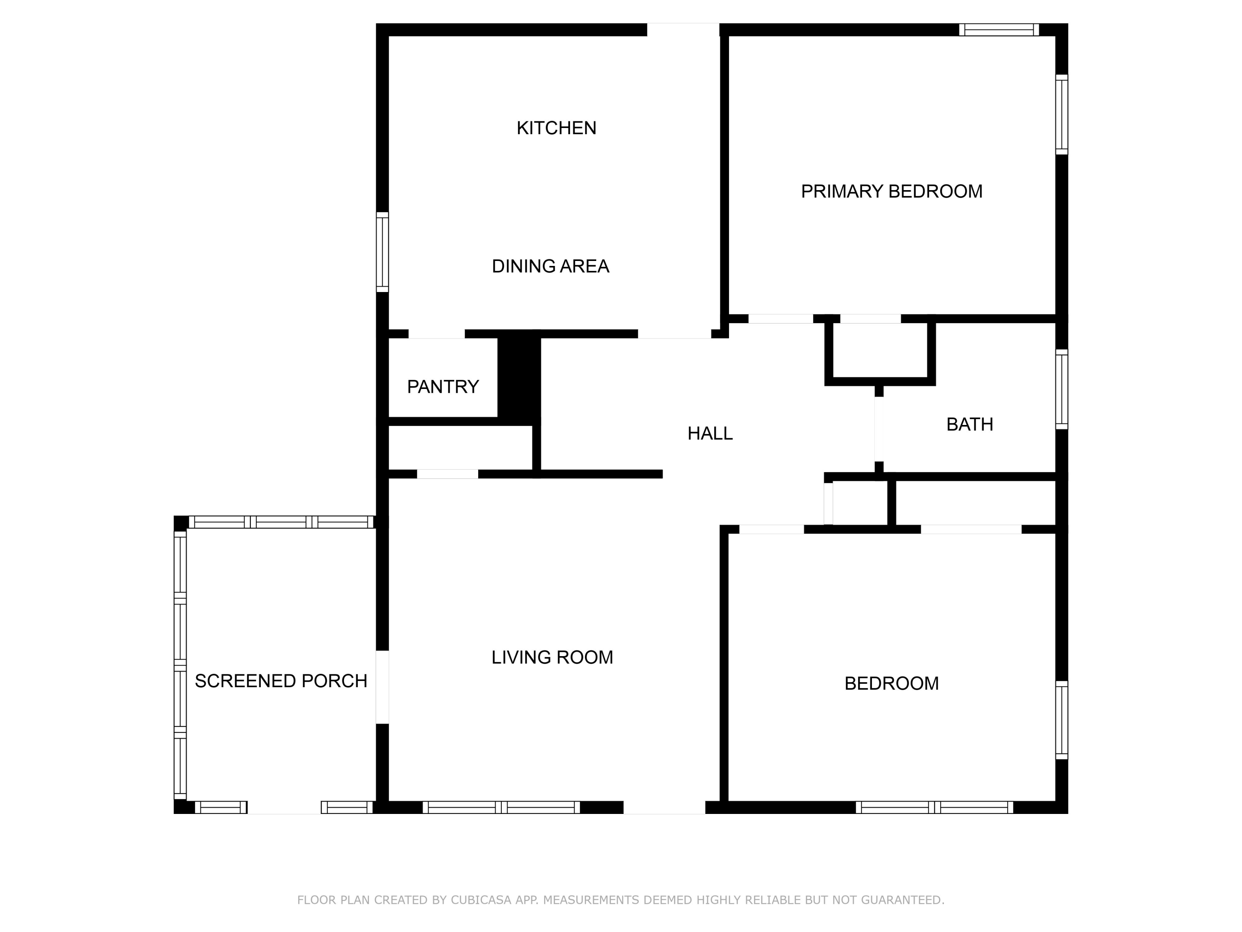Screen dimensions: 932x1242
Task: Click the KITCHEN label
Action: click(x=556, y=128)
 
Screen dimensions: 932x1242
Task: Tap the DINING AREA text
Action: click(x=550, y=266)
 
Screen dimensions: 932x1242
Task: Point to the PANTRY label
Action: click(x=443, y=386)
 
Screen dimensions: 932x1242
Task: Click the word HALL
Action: click(x=710, y=433)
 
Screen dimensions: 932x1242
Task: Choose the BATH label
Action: click(x=969, y=424)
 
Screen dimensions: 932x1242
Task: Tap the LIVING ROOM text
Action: click(x=552, y=657)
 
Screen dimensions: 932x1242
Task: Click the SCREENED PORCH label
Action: click(x=281, y=681)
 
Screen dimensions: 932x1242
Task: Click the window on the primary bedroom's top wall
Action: click(x=998, y=30)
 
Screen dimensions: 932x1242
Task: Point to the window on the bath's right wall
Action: click(x=1061, y=389)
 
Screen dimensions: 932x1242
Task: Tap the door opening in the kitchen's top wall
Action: click(x=683, y=30)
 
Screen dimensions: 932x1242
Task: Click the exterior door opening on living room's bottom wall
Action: click(x=664, y=807)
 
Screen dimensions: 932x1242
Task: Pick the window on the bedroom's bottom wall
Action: click(x=934, y=807)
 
